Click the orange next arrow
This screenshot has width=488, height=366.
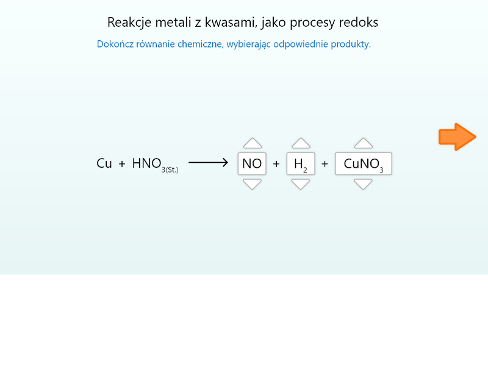coord(457,137)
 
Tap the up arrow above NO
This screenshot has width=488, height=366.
coord(252,143)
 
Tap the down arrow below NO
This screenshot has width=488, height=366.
coord(252,184)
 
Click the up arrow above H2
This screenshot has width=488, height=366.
coord(301,143)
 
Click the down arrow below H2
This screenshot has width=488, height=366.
coord(301,184)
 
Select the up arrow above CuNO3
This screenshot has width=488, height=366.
coord(364,143)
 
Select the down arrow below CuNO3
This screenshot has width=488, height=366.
coord(364,184)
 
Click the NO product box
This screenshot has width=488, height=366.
coord(252,163)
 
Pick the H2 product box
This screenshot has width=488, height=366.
coord(301,163)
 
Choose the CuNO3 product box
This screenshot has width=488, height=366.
coord(364,163)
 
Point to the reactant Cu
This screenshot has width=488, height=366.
coord(104,163)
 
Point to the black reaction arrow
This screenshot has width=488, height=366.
coord(208,163)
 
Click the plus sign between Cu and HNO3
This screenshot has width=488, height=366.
coord(122,163)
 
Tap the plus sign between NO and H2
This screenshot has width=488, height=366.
coord(276,163)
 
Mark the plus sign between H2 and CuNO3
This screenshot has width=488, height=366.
coord(325,163)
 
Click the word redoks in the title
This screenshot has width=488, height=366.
coord(359,23)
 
